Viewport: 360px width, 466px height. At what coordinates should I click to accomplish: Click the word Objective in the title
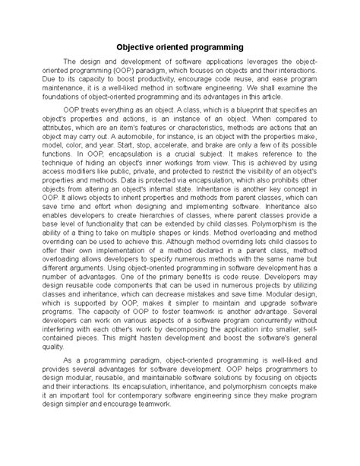point(137,46)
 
